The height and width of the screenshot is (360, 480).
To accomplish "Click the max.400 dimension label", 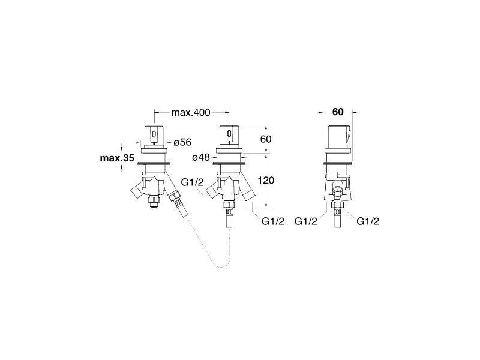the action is pyautogui.click(x=191, y=113).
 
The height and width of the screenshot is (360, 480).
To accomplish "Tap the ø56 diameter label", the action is pyautogui.click(x=182, y=142).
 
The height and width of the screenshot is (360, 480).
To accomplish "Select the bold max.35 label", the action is pyautogui.click(x=117, y=158).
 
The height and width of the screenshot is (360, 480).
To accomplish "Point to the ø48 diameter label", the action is pyautogui.click(x=201, y=157).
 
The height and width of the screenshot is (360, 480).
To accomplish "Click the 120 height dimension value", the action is pyautogui.click(x=266, y=181).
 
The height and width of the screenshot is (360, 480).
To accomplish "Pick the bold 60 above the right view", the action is pyautogui.click(x=338, y=112).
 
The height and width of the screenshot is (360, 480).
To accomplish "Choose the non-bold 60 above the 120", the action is pyautogui.click(x=266, y=139).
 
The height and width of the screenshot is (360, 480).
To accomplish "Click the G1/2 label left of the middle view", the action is pyautogui.click(x=192, y=182).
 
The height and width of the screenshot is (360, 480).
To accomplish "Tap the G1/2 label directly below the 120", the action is pyautogui.click(x=273, y=221).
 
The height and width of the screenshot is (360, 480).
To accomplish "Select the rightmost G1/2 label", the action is pyautogui.click(x=368, y=221).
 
